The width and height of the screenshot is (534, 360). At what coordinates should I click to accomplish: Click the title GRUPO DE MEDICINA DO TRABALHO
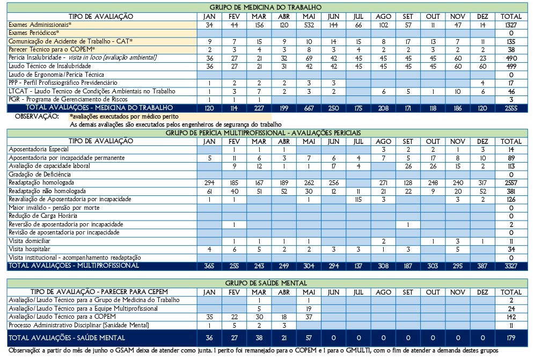tap(265, 7)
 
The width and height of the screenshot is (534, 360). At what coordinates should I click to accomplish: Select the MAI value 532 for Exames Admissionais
tap(309, 25)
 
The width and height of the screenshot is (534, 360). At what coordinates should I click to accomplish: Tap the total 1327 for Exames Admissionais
tap(511, 25)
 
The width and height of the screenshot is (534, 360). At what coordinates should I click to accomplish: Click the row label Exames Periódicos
tap(34, 33)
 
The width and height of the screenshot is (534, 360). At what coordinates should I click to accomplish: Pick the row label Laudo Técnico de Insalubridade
tap(50, 66)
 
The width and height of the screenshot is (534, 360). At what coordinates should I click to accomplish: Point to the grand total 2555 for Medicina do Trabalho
tap(511, 108)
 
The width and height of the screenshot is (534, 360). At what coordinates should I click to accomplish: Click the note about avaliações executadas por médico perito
tap(124, 116)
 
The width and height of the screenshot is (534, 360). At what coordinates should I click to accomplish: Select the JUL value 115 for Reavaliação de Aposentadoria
tap(359, 200)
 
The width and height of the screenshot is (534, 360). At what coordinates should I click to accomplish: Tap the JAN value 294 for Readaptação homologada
tap(209, 183)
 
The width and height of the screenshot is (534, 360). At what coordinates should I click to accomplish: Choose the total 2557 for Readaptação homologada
tap(511, 183)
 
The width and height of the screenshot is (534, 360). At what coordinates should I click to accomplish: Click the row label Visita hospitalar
tap(30, 249)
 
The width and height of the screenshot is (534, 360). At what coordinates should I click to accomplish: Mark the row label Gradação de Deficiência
tap(40, 174)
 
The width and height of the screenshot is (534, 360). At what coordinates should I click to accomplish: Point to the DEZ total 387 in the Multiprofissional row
tap(482, 266)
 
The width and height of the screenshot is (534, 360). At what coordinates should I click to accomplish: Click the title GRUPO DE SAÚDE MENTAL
tap(266, 283)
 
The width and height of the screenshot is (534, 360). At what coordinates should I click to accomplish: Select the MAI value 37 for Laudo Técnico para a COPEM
tap(309, 317)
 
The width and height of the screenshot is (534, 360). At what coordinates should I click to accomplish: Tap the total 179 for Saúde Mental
tap(511, 338)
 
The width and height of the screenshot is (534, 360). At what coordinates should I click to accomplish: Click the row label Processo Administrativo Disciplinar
tap(79, 325)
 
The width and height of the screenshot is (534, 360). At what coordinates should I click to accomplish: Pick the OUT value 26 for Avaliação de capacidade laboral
tap(433, 166)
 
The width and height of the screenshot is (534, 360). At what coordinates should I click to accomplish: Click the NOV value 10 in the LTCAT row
tap(458, 92)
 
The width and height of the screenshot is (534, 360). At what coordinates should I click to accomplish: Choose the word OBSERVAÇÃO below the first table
tap(37, 116)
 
